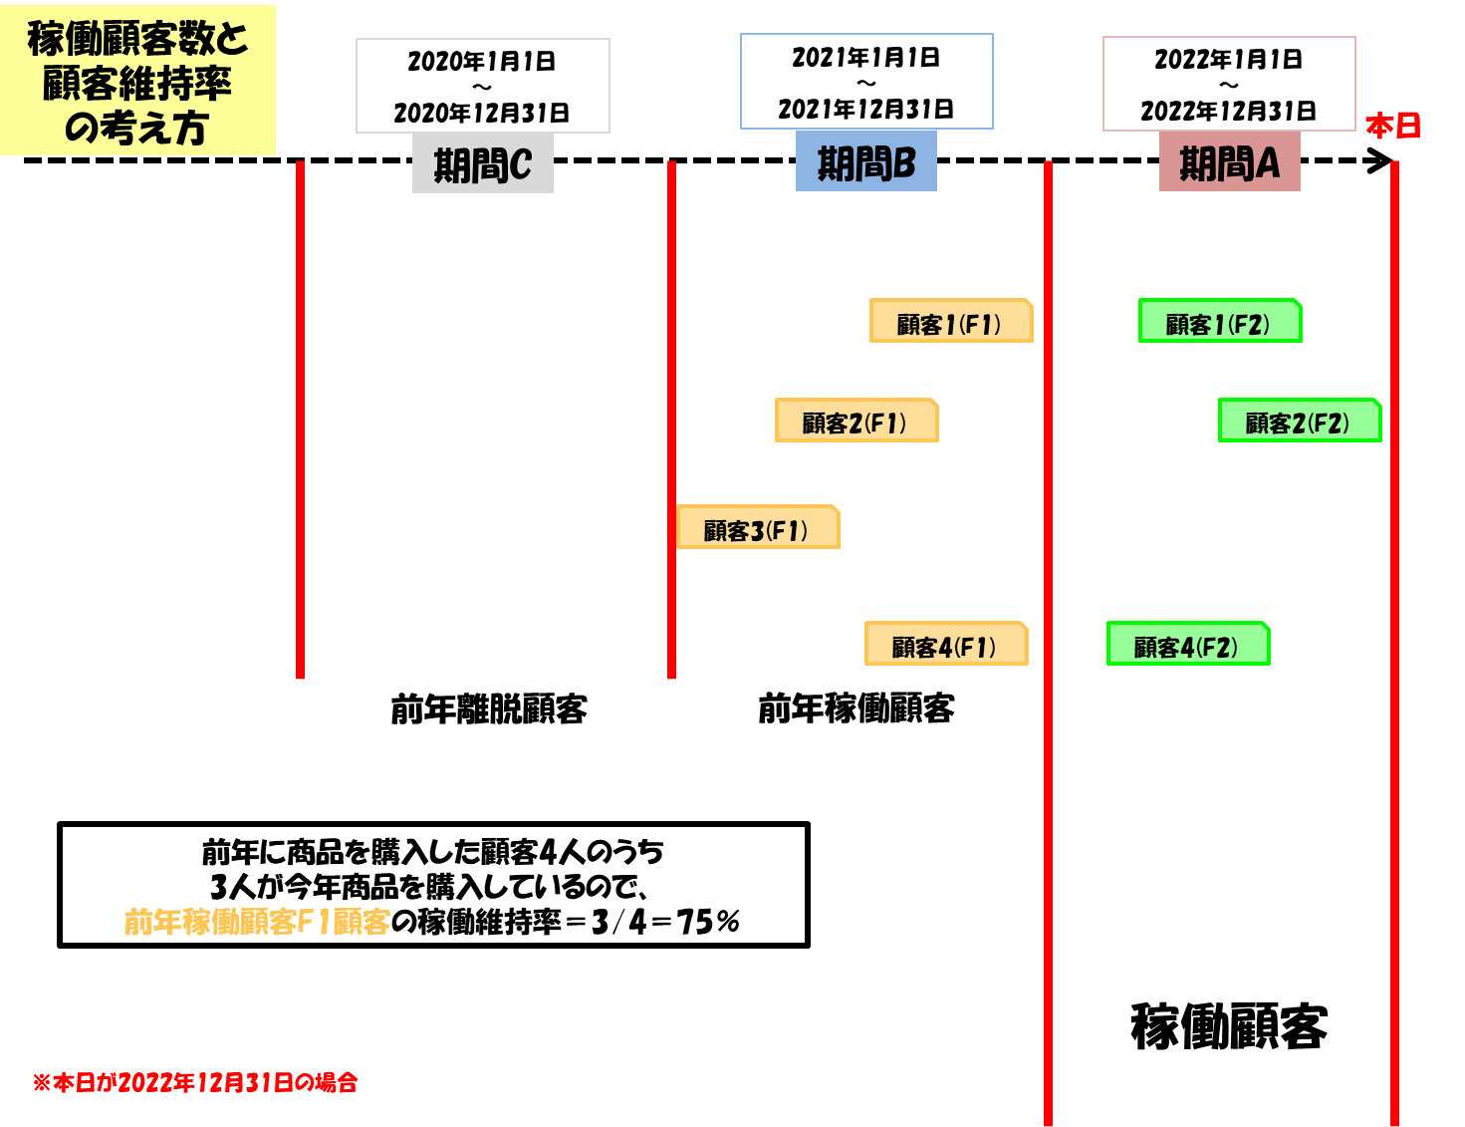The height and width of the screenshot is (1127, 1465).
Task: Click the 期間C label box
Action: (x=483, y=164)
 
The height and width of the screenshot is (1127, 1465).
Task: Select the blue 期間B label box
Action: (x=866, y=162)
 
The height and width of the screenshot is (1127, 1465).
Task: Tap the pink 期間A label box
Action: (x=1229, y=162)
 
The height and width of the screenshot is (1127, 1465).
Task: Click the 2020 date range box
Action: (x=483, y=86)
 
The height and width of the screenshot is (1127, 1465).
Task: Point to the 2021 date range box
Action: (x=866, y=82)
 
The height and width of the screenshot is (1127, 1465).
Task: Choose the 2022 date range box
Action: (x=1229, y=84)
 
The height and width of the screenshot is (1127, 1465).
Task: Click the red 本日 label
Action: (x=1392, y=127)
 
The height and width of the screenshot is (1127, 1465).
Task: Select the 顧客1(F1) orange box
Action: (x=951, y=321)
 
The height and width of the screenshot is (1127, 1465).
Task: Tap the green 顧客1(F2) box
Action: (x=1219, y=321)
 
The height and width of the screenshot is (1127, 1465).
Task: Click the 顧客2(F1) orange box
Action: (x=856, y=421)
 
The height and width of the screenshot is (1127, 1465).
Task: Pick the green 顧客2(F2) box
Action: (x=1299, y=421)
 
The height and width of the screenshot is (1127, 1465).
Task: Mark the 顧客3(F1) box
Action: (x=758, y=527)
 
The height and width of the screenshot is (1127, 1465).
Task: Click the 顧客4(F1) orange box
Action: (x=946, y=644)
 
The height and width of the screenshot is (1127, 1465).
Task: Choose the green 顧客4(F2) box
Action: (x=1187, y=644)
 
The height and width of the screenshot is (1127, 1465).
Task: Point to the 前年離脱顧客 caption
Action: (x=488, y=708)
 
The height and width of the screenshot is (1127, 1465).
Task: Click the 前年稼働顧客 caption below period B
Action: (x=856, y=708)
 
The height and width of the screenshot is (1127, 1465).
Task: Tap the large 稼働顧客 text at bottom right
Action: (x=1229, y=1026)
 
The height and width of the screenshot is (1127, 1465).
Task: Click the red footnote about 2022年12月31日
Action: (x=195, y=1082)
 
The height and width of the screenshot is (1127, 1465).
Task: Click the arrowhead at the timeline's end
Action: (x=1382, y=160)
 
